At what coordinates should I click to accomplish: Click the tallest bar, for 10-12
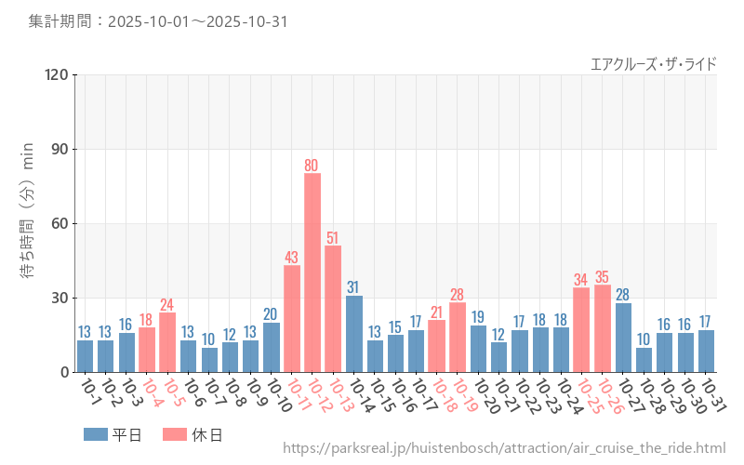coord(312,272)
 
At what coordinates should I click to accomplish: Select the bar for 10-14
coord(353,334)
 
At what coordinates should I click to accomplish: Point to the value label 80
coord(312,166)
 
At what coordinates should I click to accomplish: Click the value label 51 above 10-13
coord(333,237)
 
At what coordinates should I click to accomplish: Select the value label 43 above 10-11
coord(291,258)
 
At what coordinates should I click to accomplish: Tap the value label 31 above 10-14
coord(353,287)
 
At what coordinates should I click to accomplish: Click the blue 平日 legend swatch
coord(95,434)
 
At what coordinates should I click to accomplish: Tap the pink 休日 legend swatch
coord(175,434)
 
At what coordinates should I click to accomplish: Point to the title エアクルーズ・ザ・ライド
coord(654,63)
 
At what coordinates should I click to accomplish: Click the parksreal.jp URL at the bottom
coord(503,448)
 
